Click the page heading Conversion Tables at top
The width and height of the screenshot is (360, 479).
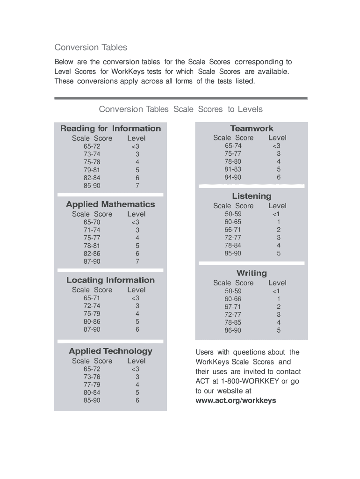[91, 47]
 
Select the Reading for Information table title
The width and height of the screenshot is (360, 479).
[110, 128]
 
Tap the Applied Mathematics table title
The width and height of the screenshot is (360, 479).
[110, 204]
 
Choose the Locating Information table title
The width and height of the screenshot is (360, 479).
[110, 280]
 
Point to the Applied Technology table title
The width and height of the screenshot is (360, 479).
[110, 351]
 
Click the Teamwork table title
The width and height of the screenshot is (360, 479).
[252, 128]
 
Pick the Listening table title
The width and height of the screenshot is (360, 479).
[252, 196]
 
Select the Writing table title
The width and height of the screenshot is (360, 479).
[252, 273]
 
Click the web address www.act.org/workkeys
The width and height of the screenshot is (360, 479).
[236, 400]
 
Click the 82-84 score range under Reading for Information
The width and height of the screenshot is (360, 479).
[92, 178]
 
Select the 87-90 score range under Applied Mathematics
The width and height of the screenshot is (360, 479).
[92, 261]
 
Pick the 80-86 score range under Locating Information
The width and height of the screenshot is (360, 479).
[92, 321]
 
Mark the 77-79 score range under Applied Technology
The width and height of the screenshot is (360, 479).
[92, 385]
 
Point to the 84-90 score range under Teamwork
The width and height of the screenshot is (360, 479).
[233, 177]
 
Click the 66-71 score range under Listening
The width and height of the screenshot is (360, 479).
[233, 230]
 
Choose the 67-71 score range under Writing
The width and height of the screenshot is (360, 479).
[233, 307]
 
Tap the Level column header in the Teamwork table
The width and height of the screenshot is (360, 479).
[277, 138]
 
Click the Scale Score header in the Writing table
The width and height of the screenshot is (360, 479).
[233, 283]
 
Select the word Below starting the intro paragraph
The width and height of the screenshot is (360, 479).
[65, 62]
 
